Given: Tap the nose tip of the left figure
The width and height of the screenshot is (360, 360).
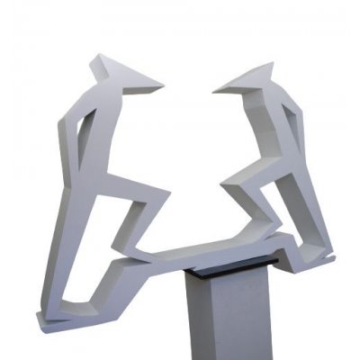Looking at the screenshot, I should pos(163,87).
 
